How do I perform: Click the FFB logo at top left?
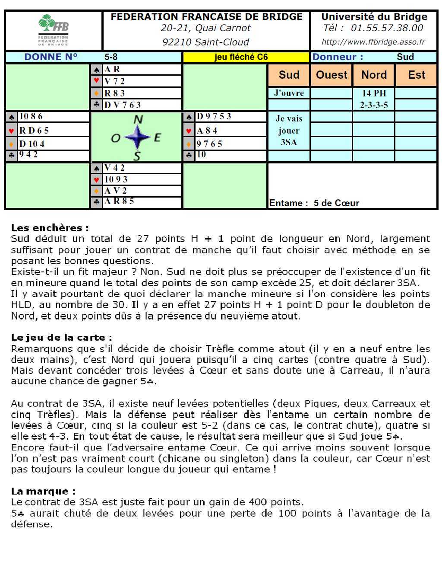53,30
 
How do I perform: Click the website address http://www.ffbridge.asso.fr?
373,42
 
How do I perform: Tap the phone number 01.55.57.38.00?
387,28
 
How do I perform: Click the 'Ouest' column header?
331,75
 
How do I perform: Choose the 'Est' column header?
417,75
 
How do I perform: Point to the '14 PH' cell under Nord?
374,93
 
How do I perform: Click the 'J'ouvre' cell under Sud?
289,93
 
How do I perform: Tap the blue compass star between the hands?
137,137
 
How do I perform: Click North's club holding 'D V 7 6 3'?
123,105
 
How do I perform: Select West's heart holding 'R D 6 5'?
34,131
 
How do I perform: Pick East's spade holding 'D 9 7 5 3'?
214,117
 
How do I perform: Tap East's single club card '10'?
201,155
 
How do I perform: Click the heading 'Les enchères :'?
50,228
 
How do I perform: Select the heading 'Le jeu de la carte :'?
62,338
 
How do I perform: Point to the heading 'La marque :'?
43,491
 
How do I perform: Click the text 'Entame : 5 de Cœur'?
314,203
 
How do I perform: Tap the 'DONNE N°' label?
51,57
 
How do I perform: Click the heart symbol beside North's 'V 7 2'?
97,81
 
